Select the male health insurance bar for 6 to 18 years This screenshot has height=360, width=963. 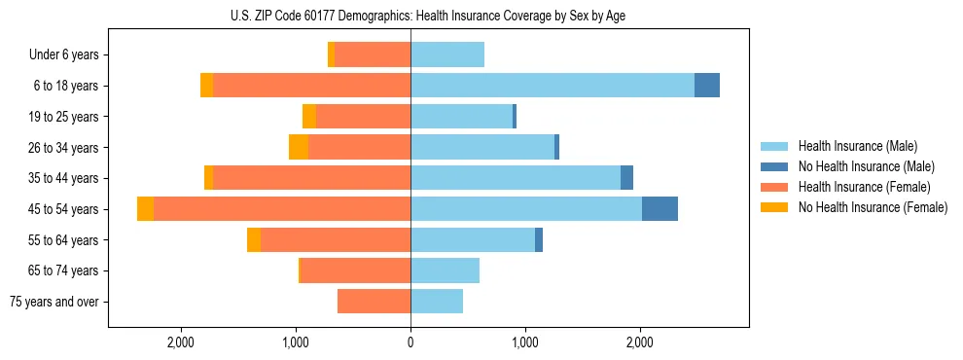pos(553,86)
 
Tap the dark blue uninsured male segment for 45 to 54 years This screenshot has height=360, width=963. pos(660,209)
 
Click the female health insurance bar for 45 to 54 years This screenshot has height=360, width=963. pos(282,209)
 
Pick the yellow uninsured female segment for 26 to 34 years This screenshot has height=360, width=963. pos(299,147)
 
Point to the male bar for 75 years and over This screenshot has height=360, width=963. pos(437,302)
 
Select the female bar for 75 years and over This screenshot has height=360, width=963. pos(374,302)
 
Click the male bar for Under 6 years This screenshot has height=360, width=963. pos(447,54)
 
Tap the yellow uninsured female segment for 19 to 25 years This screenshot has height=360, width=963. pos(309,117)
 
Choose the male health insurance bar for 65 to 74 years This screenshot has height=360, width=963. pos(446,270)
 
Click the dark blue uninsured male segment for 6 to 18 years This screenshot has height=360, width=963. pos(707,86)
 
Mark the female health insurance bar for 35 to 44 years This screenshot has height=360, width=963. pos(311,178)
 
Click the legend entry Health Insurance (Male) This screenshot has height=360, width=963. pos(857,146)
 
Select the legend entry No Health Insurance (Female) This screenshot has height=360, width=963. pos(873,207)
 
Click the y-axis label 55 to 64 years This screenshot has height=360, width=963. pos(64,240)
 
